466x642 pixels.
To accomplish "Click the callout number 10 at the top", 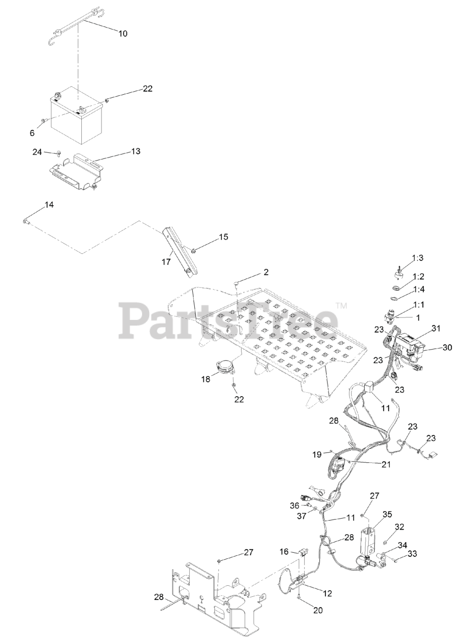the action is [123, 34].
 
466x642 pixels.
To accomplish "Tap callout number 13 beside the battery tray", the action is [136, 151].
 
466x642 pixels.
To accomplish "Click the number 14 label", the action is [49, 205].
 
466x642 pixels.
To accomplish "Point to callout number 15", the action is [223, 237].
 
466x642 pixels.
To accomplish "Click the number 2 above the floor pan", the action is [266, 272].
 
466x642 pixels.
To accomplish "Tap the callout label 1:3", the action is [418, 258].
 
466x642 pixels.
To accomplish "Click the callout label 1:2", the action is [418, 276].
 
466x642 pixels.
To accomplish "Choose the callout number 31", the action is [435, 329].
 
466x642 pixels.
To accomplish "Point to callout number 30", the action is [446, 347].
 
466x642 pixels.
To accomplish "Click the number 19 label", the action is [316, 454].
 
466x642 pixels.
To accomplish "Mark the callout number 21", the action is [386, 464].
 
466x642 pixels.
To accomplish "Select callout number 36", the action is [295, 505].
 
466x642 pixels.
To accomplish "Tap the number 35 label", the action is [387, 514].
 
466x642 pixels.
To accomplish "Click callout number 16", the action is [284, 551].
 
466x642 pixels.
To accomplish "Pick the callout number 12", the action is [327, 593].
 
